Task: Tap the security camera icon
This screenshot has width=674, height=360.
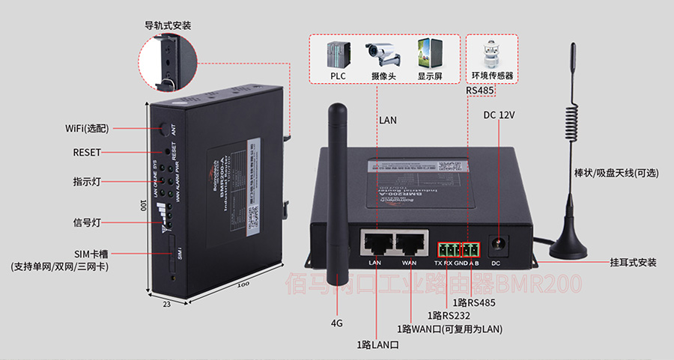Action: coord(383,54)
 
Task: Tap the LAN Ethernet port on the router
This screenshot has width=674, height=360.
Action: coord(376,242)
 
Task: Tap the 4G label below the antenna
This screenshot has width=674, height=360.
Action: coord(337,324)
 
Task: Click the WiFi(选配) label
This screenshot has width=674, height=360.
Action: coord(87,129)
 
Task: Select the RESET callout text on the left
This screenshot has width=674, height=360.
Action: coord(87,153)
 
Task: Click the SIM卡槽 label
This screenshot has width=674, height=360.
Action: coord(92,254)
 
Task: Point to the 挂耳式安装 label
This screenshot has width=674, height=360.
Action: coord(633,263)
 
